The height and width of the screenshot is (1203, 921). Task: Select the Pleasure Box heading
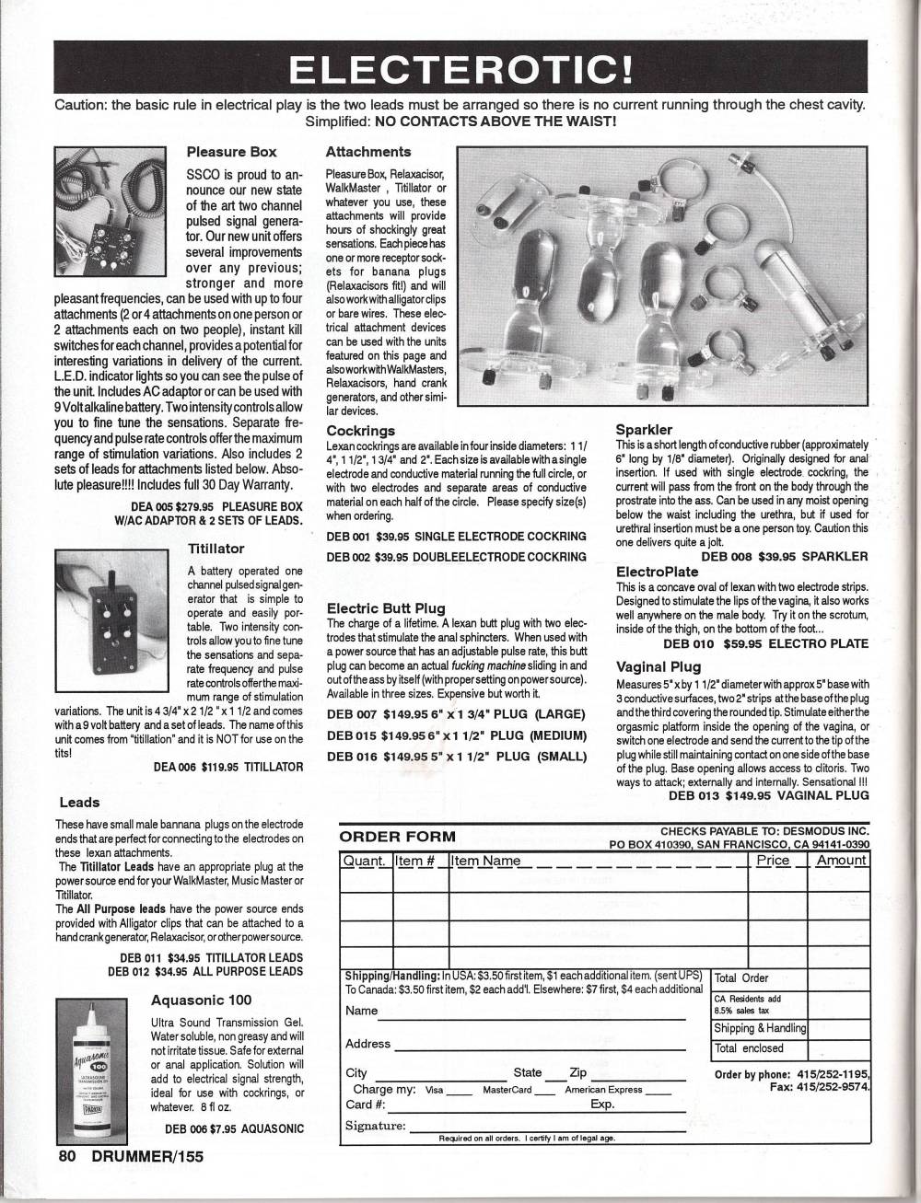pyautogui.click(x=231, y=151)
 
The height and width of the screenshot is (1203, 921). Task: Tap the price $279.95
pyautogui.click(x=191, y=506)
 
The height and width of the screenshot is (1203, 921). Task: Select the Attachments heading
pyautogui.click(x=368, y=151)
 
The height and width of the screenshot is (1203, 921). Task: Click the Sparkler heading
pyautogui.click(x=644, y=429)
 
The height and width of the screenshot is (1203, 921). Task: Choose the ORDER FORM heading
pyautogui.click(x=397, y=837)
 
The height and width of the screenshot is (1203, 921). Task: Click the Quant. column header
pyautogui.click(x=366, y=861)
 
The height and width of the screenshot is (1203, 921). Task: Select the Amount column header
pyautogui.click(x=842, y=860)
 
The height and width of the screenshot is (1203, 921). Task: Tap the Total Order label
pyautogui.click(x=741, y=977)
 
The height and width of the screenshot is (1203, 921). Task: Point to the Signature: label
pyautogui.click(x=375, y=1125)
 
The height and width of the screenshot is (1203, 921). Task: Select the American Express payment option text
pyautogui.click(x=603, y=1090)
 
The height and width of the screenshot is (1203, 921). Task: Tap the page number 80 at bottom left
pyautogui.click(x=64, y=1157)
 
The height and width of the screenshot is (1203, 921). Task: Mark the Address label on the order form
pyautogui.click(x=367, y=1044)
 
